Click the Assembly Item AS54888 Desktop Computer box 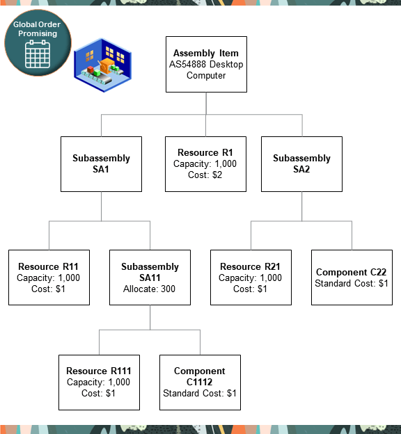click(x=205, y=64)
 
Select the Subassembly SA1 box click(x=101, y=163)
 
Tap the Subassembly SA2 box click(x=301, y=163)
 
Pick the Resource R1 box click(x=205, y=163)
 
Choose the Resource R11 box click(x=49, y=278)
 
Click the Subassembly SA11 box click(x=150, y=278)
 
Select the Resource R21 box click(x=251, y=278)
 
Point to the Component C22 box click(x=352, y=278)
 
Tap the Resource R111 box click(x=99, y=382)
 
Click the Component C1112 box click(x=200, y=382)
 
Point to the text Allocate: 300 click(x=150, y=289)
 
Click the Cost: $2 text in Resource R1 click(x=205, y=175)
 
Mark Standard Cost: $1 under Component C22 click(x=352, y=284)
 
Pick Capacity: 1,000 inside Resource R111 click(x=99, y=383)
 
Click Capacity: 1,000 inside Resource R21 click(x=251, y=278)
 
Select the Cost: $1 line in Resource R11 click(x=49, y=289)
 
